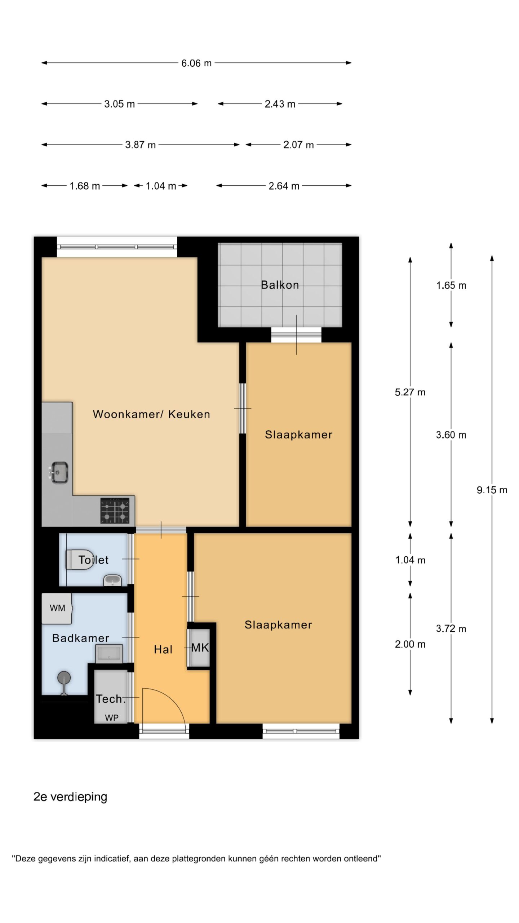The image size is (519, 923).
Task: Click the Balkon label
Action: coord(280,285)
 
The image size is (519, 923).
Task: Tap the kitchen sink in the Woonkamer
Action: coord(58,472)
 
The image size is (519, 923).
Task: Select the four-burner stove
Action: coord(115,510)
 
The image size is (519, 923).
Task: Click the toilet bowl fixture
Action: coord(79,559)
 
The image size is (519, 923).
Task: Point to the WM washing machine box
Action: coord(57,608)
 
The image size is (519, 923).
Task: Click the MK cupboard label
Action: coord(200,648)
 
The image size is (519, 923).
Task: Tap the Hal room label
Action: coord(163,649)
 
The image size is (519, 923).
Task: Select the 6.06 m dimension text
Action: coord(196,63)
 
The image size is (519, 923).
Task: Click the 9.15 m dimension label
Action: coord(492,490)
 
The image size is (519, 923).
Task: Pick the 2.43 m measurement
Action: coord(280,104)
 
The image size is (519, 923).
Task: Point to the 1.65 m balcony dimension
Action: coord(451,286)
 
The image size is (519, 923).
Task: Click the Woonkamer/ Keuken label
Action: coord(151,414)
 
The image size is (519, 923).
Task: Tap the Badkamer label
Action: coord(81,638)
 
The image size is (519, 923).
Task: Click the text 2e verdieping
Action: coord(70,796)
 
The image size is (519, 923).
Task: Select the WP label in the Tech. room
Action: coord(111,717)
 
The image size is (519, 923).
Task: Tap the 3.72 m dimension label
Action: coord(451,628)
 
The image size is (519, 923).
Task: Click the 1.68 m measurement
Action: coord(85,186)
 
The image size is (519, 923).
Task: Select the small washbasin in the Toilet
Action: coord(112,580)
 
